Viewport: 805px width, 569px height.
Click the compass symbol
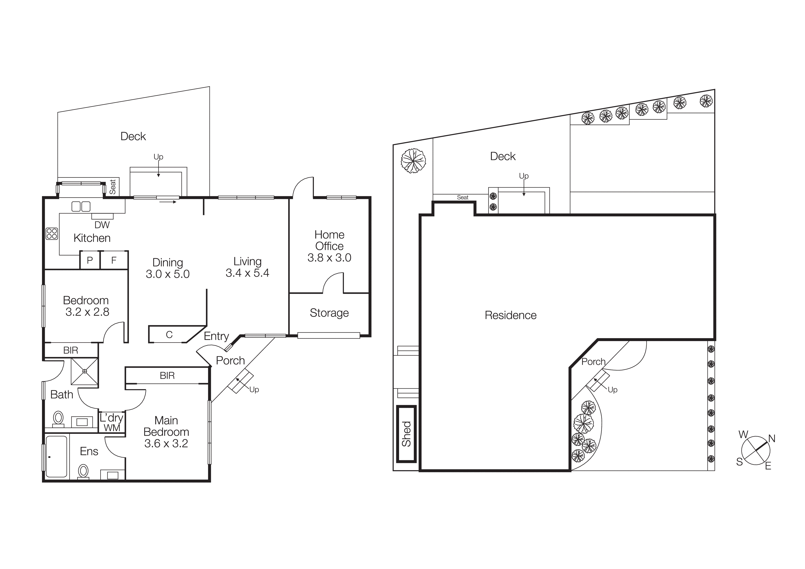tap(756, 451)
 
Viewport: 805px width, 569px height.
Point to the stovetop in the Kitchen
tap(52, 233)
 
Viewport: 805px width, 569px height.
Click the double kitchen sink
tap(81, 207)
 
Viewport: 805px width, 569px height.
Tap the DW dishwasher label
tap(102, 225)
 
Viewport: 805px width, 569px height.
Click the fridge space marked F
tap(114, 260)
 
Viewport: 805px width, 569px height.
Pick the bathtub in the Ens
tap(56, 457)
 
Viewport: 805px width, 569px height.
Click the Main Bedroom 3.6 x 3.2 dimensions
tap(166, 443)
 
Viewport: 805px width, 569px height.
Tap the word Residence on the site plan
tap(511, 315)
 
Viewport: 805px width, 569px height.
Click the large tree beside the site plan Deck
tap(413, 161)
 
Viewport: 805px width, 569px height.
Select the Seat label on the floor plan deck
tap(112, 187)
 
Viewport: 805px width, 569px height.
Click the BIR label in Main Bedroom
tap(167, 376)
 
